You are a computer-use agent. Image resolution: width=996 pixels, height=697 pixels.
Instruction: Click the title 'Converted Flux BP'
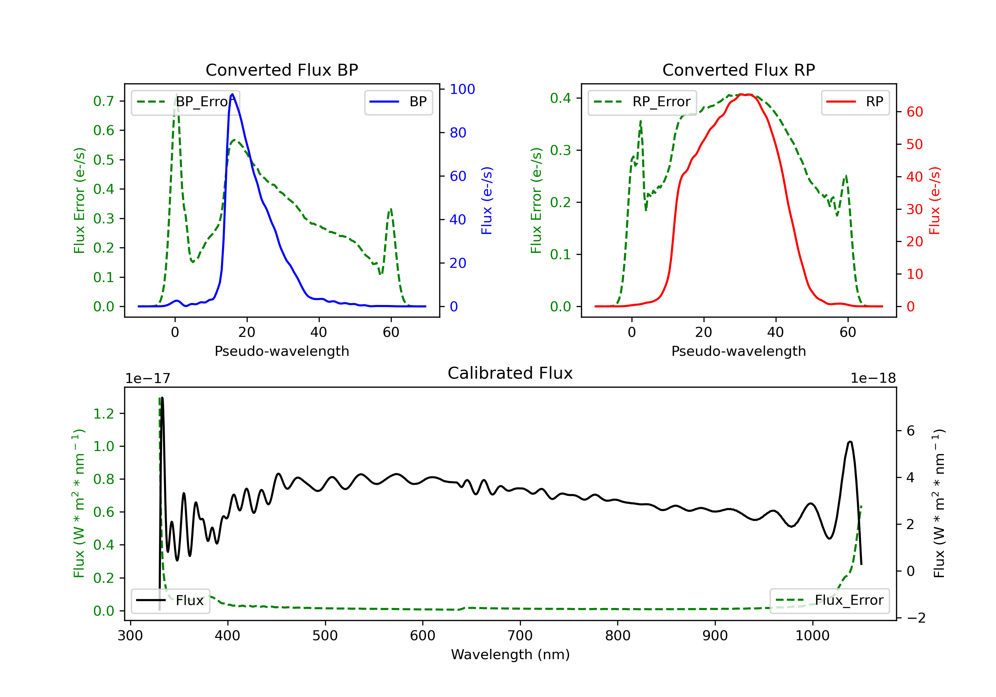point(282,70)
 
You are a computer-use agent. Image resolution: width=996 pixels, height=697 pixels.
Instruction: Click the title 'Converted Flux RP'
point(739,70)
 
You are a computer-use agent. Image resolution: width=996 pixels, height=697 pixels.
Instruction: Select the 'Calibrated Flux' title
point(510,373)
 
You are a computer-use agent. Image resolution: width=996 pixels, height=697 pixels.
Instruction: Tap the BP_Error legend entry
point(185,102)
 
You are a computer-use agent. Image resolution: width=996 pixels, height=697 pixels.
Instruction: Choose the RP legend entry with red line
point(855,102)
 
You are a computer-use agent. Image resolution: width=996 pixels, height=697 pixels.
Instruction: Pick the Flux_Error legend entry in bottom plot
point(829,600)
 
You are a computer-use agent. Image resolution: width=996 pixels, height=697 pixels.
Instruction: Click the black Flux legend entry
point(170,600)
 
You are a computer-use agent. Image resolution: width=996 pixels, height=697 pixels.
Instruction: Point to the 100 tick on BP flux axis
point(462,89)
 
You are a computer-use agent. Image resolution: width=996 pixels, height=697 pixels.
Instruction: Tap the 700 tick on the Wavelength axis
point(520,636)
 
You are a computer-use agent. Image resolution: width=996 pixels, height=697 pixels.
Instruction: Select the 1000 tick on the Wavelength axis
point(812,636)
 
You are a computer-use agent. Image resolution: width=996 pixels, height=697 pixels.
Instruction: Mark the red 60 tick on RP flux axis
point(914,112)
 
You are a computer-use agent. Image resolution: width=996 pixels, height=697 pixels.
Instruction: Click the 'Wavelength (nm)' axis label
point(510,655)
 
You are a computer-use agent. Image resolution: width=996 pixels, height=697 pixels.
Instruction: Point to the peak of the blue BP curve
point(232,94)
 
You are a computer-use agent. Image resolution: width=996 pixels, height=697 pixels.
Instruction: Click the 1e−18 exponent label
point(873,378)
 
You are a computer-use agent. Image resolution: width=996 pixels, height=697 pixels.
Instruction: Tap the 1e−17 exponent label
point(147,378)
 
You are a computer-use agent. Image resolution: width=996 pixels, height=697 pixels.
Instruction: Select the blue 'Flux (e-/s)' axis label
point(487,201)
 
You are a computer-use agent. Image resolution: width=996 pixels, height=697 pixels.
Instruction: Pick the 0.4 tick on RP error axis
point(560,98)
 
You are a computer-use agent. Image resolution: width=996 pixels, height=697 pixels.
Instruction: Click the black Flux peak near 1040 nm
point(850,442)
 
